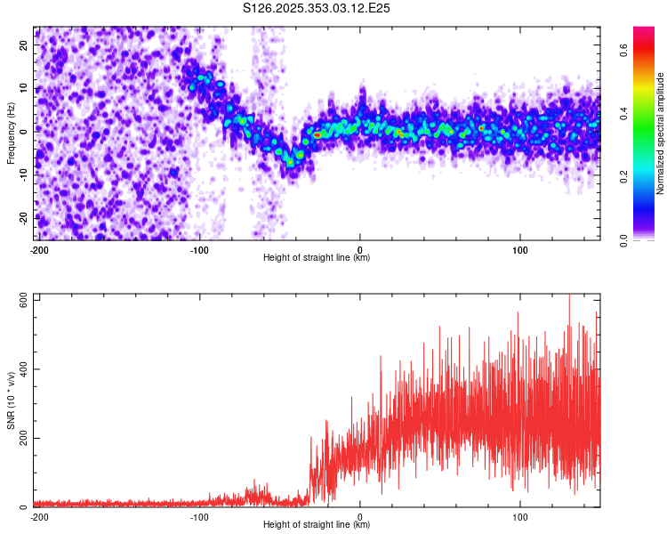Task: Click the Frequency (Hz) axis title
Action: click(11, 133)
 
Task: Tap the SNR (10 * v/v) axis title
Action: click(11, 400)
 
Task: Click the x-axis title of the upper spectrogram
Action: click(317, 257)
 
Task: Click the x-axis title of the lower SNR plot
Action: click(317, 524)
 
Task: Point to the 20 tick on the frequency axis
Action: click(24, 46)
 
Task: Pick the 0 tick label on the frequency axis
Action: click(24, 132)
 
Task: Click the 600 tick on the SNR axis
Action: click(21, 301)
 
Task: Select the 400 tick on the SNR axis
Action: click(21, 369)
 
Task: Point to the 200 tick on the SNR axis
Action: click(21, 439)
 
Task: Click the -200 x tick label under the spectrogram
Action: click(39, 248)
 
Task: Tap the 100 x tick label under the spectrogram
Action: click(520, 248)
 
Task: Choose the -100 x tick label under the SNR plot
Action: click(199, 515)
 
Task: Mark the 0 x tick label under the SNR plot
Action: click(360, 515)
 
